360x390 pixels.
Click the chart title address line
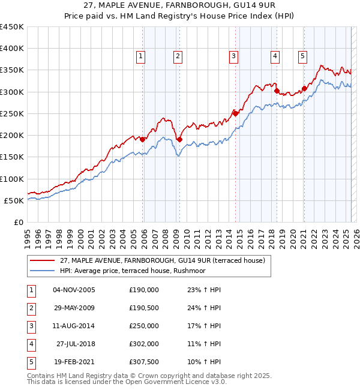[180, 5]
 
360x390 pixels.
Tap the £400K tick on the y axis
[12, 49]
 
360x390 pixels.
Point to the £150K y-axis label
[12, 157]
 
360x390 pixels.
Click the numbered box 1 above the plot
[140, 56]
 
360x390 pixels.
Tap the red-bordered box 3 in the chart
[233, 56]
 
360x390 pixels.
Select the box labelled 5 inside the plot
[302, 56]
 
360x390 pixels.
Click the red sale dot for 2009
[179, 139]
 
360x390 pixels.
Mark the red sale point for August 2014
[235, 113]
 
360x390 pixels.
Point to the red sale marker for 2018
[277, 91]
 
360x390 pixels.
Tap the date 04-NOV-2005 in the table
[74, 290]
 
